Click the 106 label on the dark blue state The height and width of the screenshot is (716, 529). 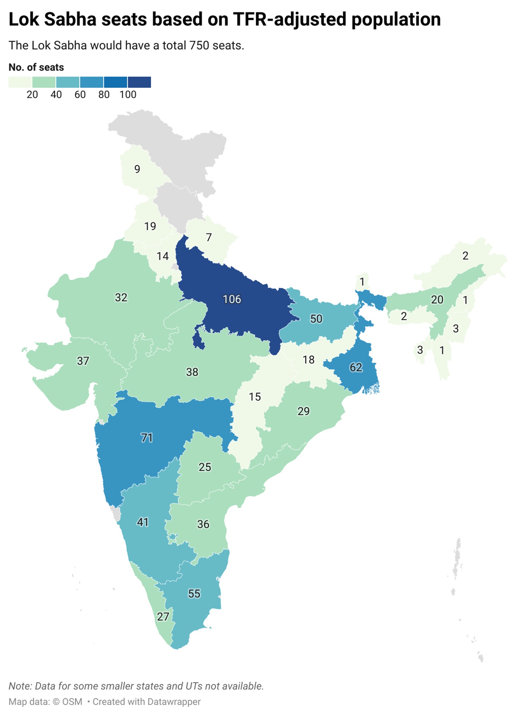pyautogui.click(x=232, y=299)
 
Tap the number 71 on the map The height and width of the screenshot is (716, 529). pyautogui.click(x=146, y=438)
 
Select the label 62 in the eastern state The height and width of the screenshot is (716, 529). pyautogui.click(x=356, y=367)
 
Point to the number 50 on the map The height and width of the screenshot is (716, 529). pyautogui.click(x=316, y=319)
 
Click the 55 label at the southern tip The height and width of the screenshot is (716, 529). pyautogui.click(x=194, y=593)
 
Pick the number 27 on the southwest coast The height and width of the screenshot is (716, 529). pyautogui.click(x=163, y=617)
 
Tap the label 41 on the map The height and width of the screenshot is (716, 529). pyautogui.click(x=143, y=522)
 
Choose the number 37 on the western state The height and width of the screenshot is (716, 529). pyautogui.click(x=83, y=361)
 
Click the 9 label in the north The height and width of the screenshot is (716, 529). pyautogui.click(x=137, y=169)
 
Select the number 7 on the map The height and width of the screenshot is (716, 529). pyautogui.click(x=209, y=237)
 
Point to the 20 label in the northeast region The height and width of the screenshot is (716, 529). pyautogui.click(x=437, y=300)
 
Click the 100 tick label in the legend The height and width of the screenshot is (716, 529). pyautogui.click(x=128, y=95)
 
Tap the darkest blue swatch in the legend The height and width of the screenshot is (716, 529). pyautogui.click(x=139, y=82)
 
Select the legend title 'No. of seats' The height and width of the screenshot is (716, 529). pyautogui.click(x=36, y=67)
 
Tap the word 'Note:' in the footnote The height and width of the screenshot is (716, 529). pyautogui.click(x=20, y=686)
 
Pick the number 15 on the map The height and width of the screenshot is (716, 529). pyautogui.click(x=255, y=397)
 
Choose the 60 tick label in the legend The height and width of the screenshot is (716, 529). pyautogui.click(x=80, y=95)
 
